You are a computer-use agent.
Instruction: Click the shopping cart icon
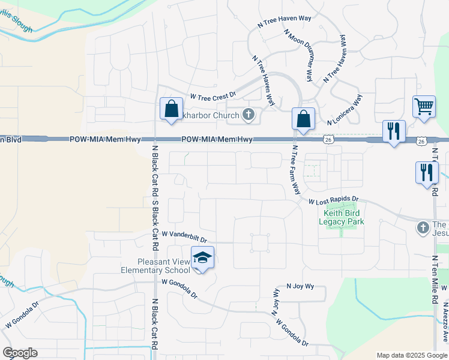(424, 107)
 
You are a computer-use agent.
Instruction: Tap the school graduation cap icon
(202, 257)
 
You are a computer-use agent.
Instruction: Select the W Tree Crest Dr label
(213, 95)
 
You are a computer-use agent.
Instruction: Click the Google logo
(20, 353)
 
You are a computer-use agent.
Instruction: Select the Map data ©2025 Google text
(412, 355)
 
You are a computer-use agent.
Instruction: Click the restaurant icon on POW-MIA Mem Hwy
(394, 131)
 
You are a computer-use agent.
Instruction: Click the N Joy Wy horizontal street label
(300, 287)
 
